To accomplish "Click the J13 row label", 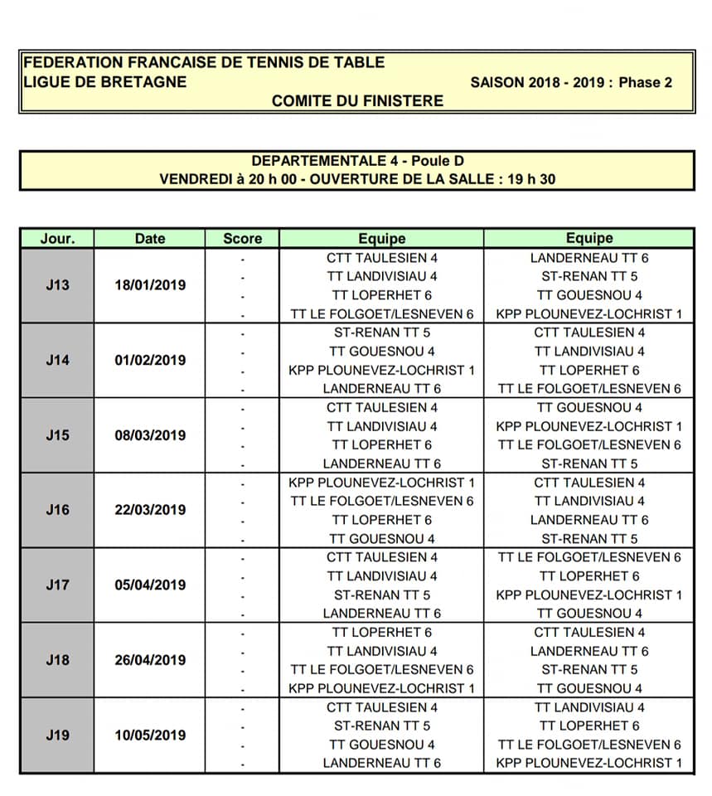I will tap(57, 285).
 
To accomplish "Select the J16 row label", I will tap(57, 510).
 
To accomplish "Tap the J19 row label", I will tap(57, 735).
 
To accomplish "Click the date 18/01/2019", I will tap(150, 285).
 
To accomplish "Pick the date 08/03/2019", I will tap(150, 435).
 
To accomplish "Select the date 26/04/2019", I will tap(150, 660).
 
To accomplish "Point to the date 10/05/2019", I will tap(150, 735).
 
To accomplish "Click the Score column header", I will tap(242, 239).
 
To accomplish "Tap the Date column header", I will tap(150, 239).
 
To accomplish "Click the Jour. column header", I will tap(57, 239).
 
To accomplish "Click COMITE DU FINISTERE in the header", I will tap(357, 101).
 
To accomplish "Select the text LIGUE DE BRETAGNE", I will tap(105, 82).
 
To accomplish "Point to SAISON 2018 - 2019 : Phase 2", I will tap(571, 82).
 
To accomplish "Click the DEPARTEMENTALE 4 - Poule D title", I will tap(357, 161).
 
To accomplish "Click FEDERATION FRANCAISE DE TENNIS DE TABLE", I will tap(205, 63).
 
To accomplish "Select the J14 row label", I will tap(57, 360).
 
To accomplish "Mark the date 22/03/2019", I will tap(150, 510).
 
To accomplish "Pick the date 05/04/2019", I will tap(150, 585).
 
